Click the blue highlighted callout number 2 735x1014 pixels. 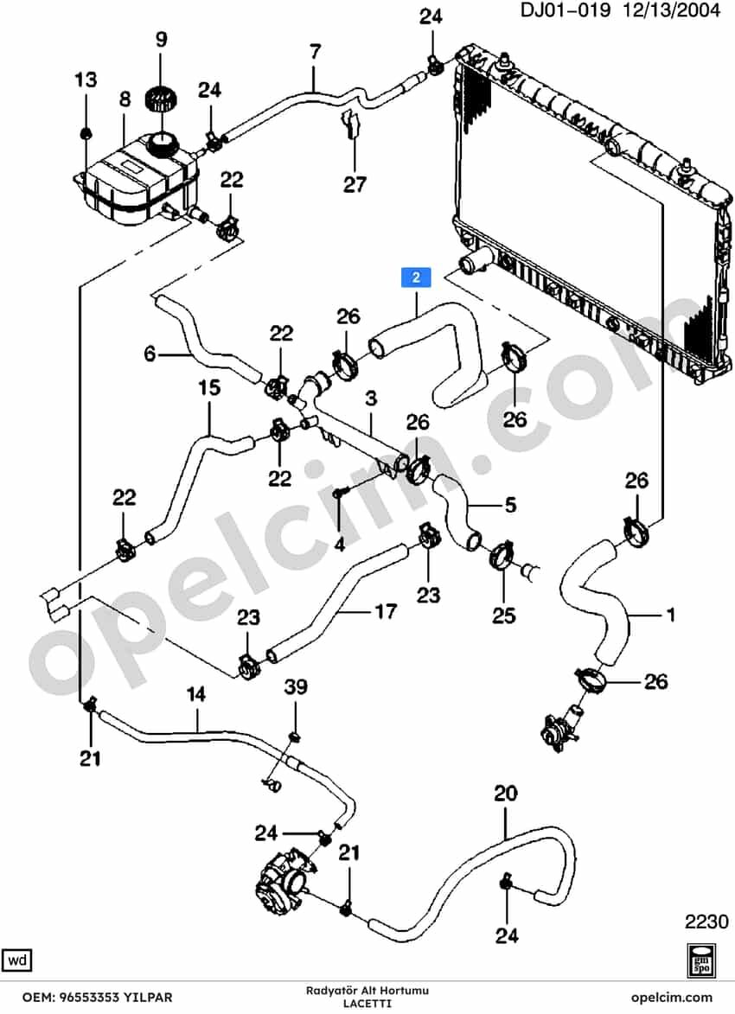pos(416,277)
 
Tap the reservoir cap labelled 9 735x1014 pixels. pos(160,99)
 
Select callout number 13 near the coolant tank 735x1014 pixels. pos(86,80)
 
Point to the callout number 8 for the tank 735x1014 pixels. pos(125,99)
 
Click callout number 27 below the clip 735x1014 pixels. pos(355,185)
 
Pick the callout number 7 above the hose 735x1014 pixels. pos(315,52)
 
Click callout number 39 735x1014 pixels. pos(296,686)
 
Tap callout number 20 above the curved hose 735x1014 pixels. pos(506,793)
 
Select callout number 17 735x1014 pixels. pos(386,611)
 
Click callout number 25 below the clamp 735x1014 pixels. pos(503,615)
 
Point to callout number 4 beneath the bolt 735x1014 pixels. pos(340,545)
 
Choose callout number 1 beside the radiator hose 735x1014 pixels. pos(671,614)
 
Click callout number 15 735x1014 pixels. pos(209,388)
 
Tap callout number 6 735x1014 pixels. pos(150,354)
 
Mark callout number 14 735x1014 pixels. pos(195,694)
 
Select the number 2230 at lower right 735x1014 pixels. pos(706,921)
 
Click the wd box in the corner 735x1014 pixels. pos(17,960)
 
